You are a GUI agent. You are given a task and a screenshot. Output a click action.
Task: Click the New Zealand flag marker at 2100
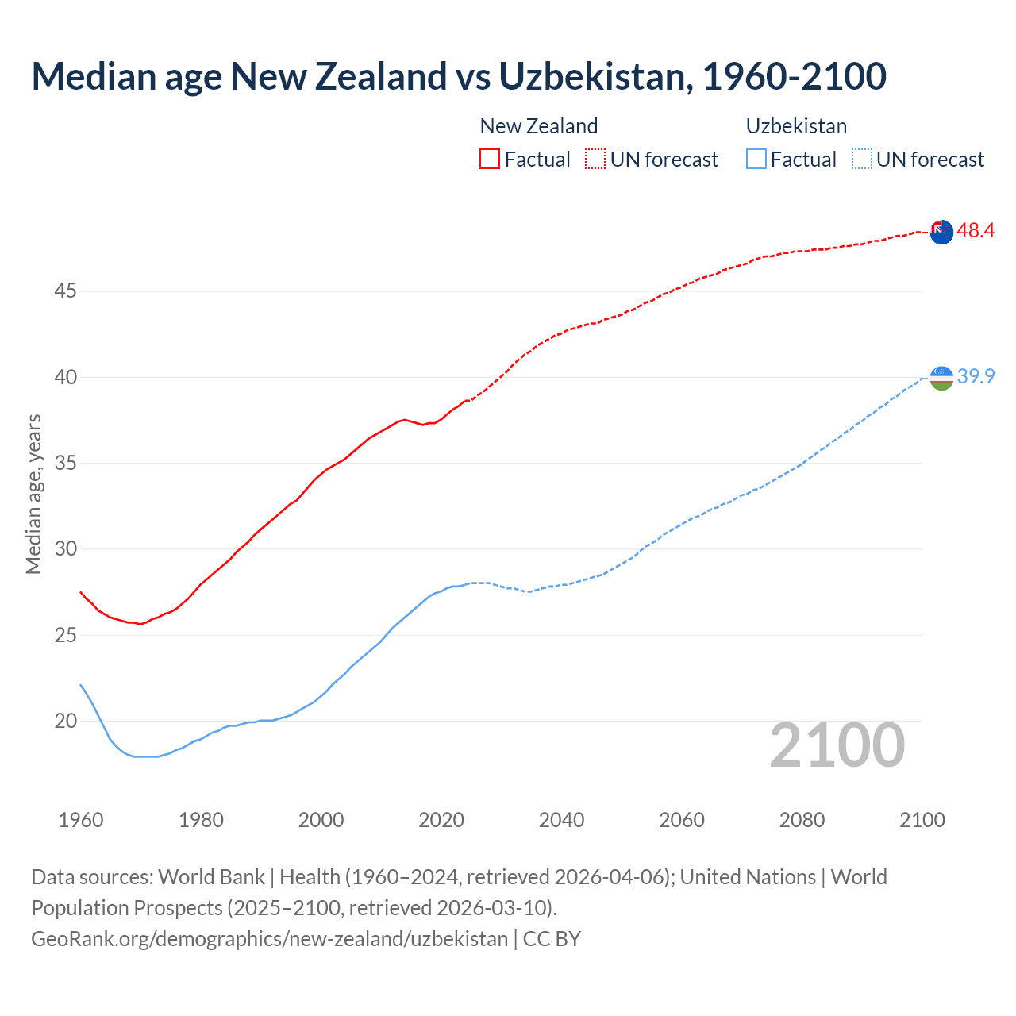[x=941, y=232]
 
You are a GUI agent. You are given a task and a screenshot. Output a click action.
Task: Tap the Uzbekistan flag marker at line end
[x=941, y=378]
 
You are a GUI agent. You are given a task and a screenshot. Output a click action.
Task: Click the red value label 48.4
[x=976, y=231]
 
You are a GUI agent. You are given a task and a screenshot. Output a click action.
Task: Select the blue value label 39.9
[x=976, y=377]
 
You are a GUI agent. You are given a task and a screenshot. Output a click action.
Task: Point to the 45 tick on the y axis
[x=65, y=291]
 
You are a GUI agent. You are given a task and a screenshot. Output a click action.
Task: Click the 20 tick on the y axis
[x=65, y=722]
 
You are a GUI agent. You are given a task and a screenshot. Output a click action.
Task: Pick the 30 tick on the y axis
[x=65, y=549]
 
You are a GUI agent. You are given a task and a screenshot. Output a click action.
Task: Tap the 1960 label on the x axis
[x=81, y=820]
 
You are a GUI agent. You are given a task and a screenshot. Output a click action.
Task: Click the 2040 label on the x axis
[x=561, y=820]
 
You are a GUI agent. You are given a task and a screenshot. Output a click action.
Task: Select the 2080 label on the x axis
[x=802, y=820]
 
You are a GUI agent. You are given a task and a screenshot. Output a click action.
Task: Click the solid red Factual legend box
[x=490, y=160]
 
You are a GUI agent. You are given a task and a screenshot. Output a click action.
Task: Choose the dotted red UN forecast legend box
[x=595, y=160]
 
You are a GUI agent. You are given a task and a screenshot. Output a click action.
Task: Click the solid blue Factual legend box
[x=756, y=160]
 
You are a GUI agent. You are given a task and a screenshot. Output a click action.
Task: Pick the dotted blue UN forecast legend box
[x=861, y=160]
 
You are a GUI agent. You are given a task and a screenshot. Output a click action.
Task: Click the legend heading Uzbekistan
[x=796, y=126]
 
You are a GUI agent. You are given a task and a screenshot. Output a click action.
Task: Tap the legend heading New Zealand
[x=539, y=126]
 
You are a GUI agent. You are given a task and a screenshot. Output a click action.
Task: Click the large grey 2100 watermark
[x=837, y=745]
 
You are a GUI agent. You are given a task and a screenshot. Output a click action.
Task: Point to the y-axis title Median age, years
[x=33, y=494]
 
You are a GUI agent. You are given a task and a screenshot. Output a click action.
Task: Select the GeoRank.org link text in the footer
[x=269, y=939]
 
